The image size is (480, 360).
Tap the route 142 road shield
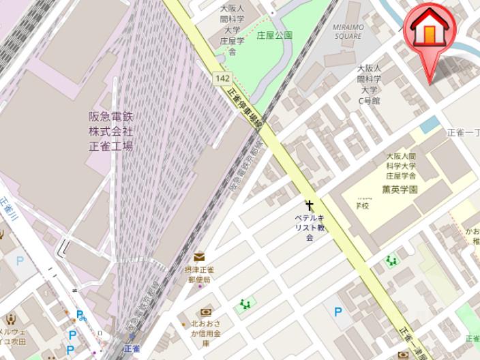coord(222,78)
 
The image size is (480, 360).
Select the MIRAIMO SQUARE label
coord(348,31)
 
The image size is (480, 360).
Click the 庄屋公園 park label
coord(274,35)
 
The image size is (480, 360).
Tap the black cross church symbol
coord(310,205)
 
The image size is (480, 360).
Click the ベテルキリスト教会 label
coord(310,227)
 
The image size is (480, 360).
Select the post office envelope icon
coord(198,256)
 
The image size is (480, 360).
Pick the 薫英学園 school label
coord(400,189)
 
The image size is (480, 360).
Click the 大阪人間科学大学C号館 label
coord(370,85)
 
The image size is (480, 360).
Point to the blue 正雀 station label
coord(132,348)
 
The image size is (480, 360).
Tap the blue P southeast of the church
coord(337,312)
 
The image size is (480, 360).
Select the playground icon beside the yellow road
coord(391,260)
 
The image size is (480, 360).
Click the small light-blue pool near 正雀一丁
coord(430,125)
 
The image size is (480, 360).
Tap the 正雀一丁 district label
coord(464,133)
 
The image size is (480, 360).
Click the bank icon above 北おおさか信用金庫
coord(206,312)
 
